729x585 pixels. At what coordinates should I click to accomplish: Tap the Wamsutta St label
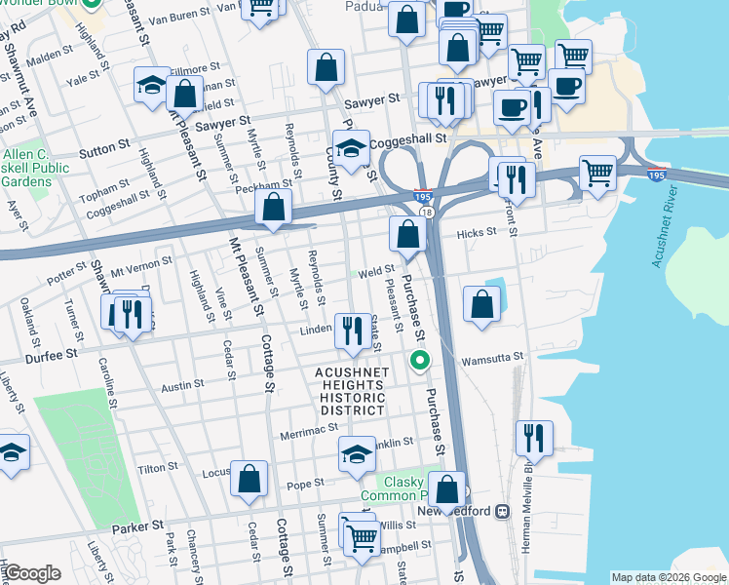(492, 358)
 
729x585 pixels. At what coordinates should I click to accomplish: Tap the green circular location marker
(420, 362)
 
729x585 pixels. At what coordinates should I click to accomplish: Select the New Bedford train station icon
(503, 511)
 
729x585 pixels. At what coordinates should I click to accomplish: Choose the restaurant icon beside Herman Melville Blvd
(534, 437)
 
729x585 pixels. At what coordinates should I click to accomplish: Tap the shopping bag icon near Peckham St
(274, 208)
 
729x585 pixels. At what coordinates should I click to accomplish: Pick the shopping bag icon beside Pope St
(249, 479)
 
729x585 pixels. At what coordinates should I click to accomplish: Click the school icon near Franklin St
(357, 454)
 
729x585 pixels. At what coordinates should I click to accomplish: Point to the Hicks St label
(477, 232)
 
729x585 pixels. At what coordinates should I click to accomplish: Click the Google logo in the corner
(33, 573)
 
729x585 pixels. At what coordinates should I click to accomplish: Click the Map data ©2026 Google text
(669, 577)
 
